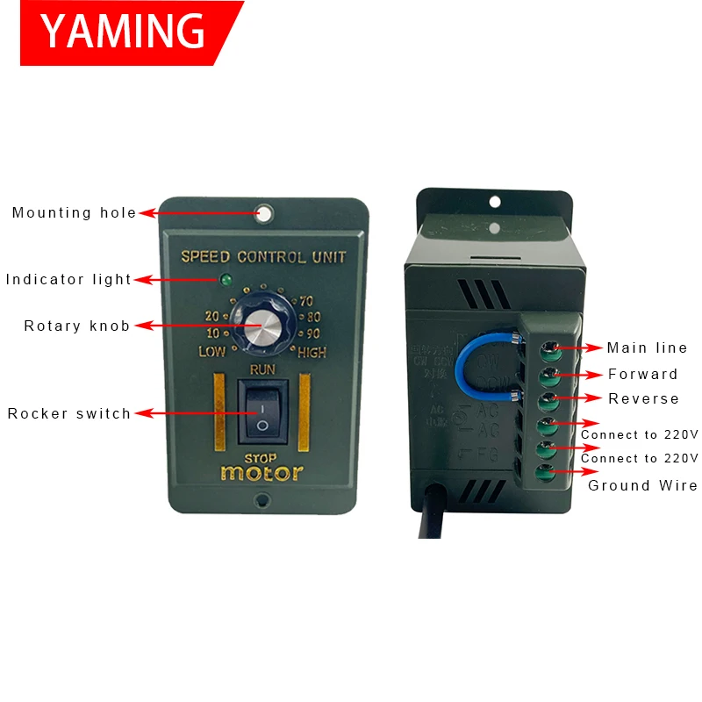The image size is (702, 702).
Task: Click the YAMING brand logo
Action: pos(123,32)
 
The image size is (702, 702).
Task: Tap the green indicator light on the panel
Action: pos(226,281)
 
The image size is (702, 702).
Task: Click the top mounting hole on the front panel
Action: pos(263,212)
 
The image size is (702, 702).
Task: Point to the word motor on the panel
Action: pos(261,473)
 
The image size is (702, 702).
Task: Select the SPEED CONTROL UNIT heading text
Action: pos(263,257)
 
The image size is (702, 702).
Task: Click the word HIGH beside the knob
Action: pos(312,353)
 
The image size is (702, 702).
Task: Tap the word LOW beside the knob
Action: pos(212,353)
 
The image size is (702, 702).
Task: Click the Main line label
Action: pos(648,348)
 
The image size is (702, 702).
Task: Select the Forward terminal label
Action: pos(643,374)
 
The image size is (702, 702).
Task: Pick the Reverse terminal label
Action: pos(643,398)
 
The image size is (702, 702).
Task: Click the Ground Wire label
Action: pos(642,485)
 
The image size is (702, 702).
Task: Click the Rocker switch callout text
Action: pos(69,413)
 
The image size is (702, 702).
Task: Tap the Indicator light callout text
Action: pos(68,280)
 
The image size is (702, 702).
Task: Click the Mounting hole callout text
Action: pos(75,212)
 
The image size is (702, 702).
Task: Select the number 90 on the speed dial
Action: pos(312,333)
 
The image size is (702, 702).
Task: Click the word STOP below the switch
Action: pos(261,457)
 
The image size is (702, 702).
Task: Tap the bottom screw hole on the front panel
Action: pos(261,501)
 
